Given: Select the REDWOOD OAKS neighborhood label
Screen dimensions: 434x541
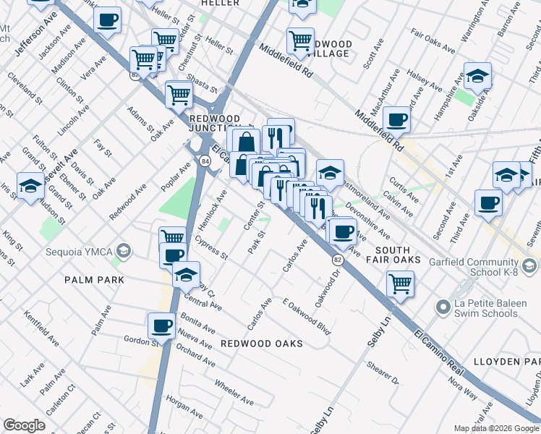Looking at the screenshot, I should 261,343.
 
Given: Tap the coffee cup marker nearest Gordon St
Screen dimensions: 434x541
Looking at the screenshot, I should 161,325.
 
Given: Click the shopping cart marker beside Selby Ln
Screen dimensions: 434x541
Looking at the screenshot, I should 400,284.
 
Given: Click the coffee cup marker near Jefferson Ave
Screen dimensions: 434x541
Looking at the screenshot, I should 108,21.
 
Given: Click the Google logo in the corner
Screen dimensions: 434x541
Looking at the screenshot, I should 24,425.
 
